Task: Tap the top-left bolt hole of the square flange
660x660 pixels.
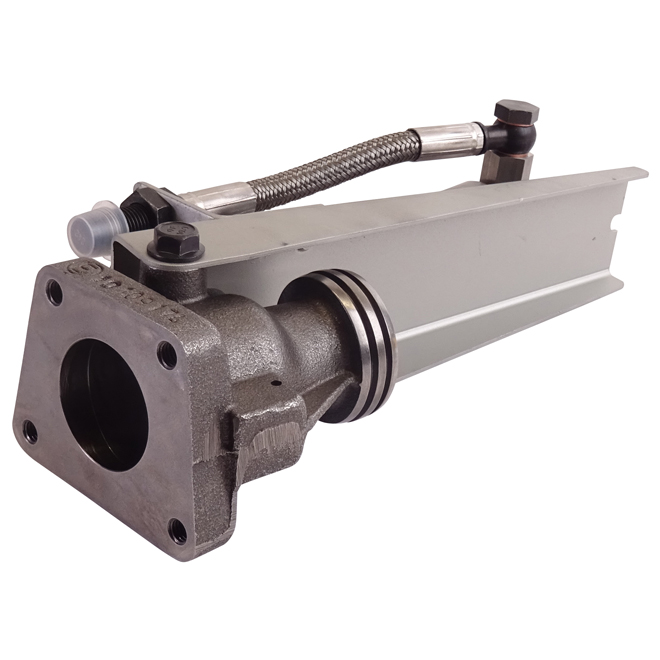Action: tap(54, 293)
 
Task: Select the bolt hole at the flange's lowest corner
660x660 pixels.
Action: tap(177, 531)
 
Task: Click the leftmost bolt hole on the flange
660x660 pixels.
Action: tap(30, 431)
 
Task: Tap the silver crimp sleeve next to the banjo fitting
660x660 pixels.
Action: tap(445, 142)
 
